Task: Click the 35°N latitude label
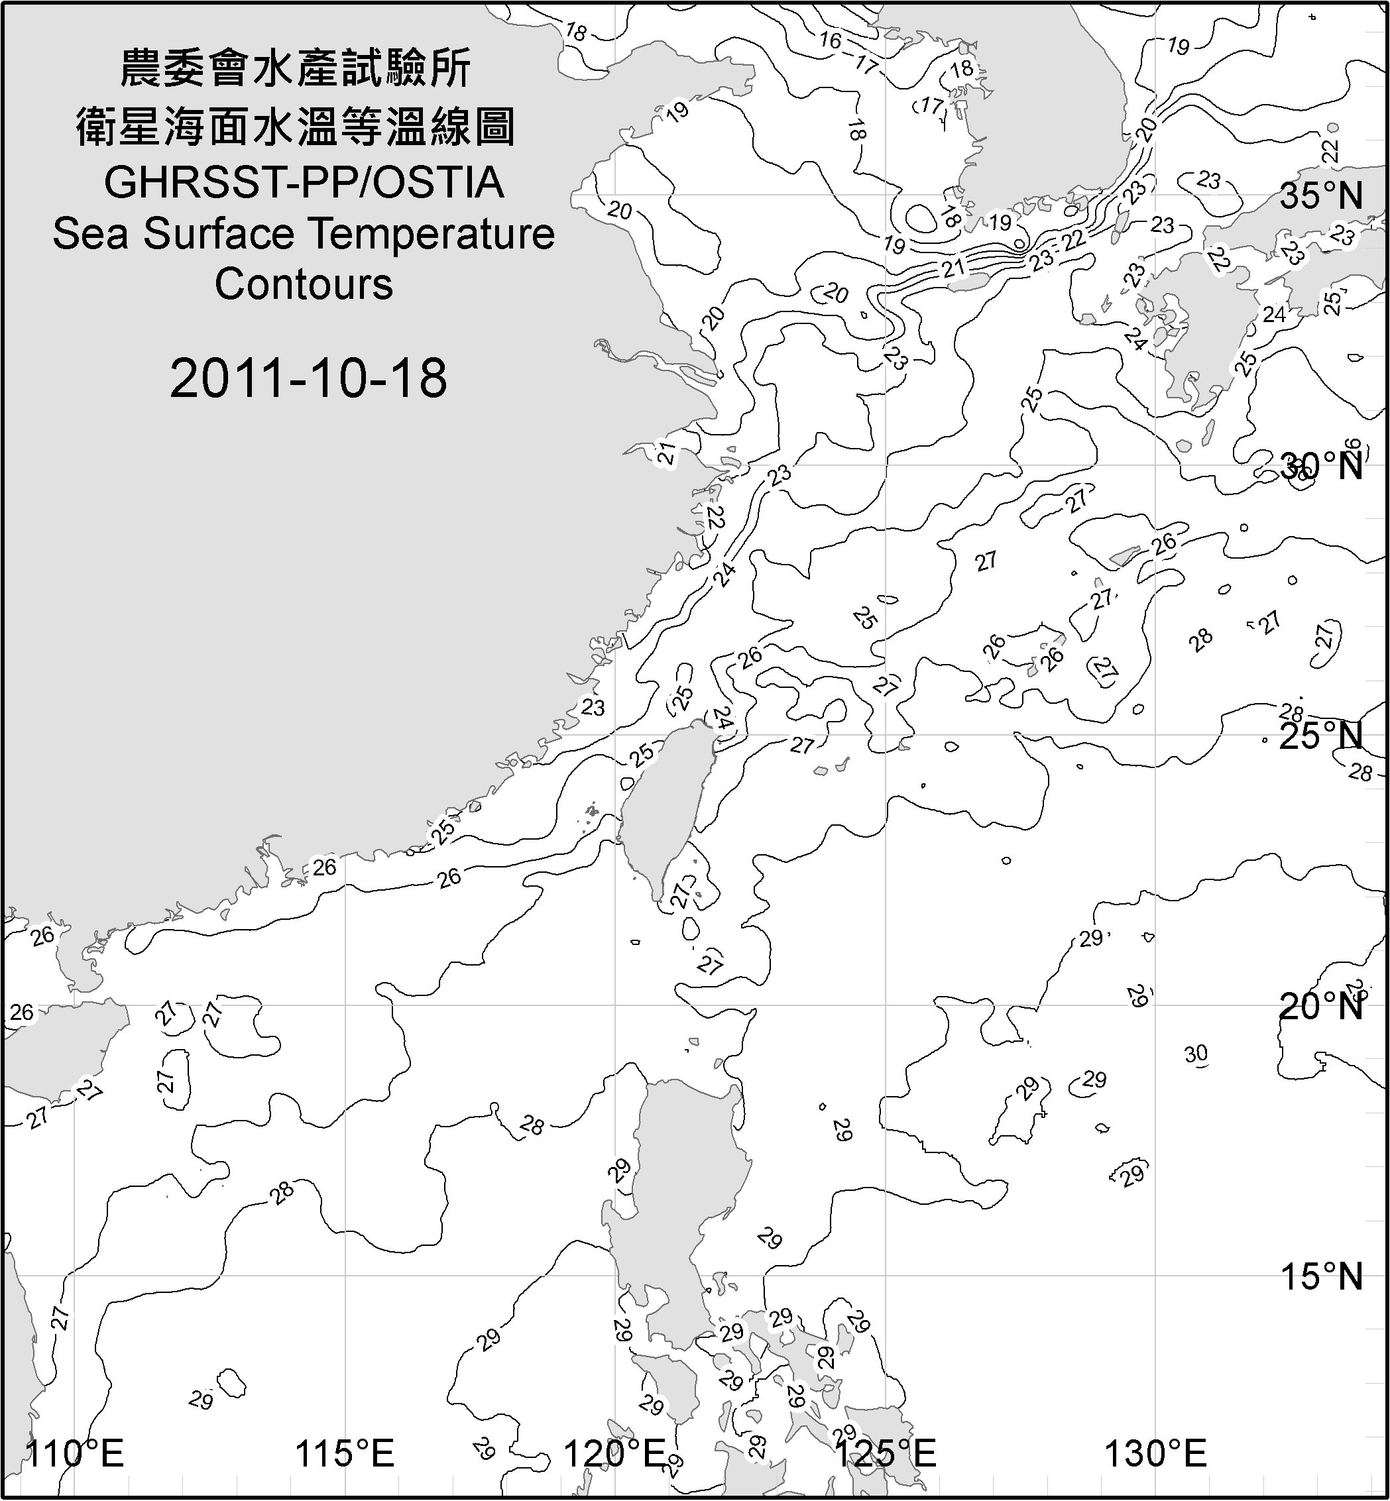(1322, 196)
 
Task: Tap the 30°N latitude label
(1322, 467)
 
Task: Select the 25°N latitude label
(1322, 736)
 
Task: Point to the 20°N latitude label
(1322, 1006)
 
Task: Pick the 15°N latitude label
(1322, 1277)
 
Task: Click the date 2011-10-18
(308, 378)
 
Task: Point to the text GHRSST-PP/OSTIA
(304, 183)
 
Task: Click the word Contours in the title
(304, 284)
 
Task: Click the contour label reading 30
(1196, 1054)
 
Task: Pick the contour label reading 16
(831, 40)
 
